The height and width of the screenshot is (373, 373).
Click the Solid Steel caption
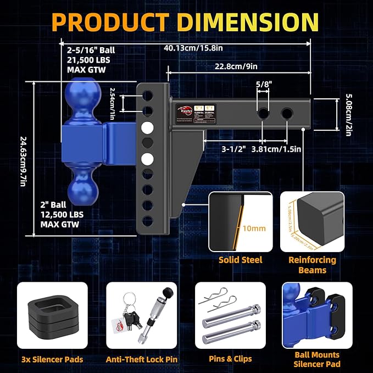click(241, 260)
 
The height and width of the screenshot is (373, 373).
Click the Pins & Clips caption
click(230, 360)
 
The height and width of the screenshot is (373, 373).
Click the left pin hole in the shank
click(264, 114)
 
